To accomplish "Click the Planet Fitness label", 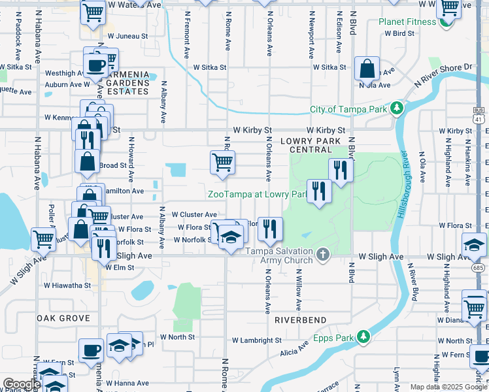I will tap(407, 22).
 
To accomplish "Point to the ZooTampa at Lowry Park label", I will tap(257, 194).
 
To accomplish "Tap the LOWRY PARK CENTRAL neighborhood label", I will tap(307, 145).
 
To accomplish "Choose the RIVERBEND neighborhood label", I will tap(300, 320).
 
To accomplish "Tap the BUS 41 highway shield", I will tap(480, 116).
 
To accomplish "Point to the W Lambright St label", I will tap(257, 340).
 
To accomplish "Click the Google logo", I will tap(22, 385).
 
